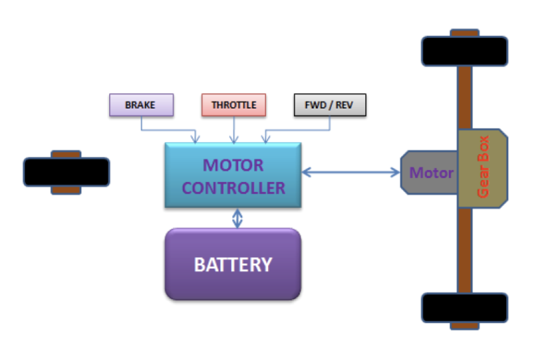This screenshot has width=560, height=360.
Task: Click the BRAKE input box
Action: pos(141,105)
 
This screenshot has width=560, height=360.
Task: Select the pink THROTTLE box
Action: pos(234,105)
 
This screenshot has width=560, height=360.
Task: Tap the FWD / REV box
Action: pos(329,105)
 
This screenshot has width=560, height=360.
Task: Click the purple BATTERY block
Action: pos(232,264)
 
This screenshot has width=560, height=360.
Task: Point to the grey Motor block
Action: pos(428,172)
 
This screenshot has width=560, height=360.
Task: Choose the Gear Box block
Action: pos(483,168)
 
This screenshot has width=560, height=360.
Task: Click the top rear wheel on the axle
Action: pos(464,51)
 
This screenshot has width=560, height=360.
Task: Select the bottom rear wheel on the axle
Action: pos(464,307)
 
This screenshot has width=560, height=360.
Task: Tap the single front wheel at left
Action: pos(66,172)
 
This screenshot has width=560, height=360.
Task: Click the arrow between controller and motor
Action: pos(350,171)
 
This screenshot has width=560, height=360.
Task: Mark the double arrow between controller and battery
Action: pos(238,218)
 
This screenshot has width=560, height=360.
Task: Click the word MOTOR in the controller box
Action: pos(233,165)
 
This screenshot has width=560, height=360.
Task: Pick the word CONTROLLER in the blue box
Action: pos(234,188)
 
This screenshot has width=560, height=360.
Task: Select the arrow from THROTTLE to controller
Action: pos(234,130)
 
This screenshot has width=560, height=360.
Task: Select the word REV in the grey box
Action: pos(346,105)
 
